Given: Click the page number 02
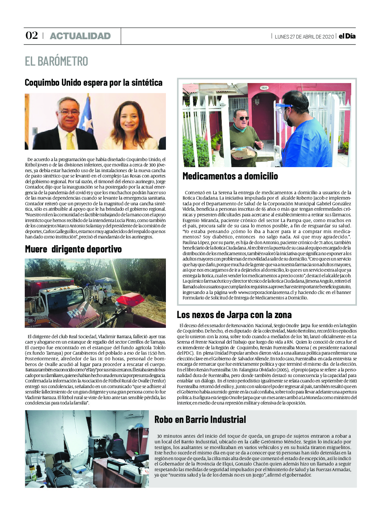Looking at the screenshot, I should pos(32,35).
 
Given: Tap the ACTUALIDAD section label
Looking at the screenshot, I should pos(80,36).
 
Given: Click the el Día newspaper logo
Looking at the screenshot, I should pos(347,36).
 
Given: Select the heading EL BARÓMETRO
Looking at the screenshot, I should pos(57,61).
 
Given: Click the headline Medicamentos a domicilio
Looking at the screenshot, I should pos(230,176).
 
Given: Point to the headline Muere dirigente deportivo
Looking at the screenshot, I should pos(73,249).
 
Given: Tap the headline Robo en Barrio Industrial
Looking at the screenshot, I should pos(200,420).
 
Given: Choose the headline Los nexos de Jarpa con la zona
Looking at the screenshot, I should pos(234,315).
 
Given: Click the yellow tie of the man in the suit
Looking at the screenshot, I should pos(70,141).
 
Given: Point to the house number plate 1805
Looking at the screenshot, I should pos(264,88).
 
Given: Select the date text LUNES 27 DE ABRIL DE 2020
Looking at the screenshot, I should pos(304,36).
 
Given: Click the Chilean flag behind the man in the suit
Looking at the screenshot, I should pos(87,114).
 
